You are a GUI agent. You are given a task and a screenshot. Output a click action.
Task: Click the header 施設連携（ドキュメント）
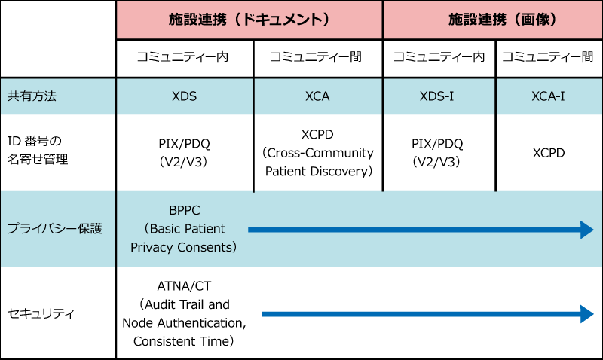coord(249,20)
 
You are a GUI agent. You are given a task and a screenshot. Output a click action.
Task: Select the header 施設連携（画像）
coord(503,20)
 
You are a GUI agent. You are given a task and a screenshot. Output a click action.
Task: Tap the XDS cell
coord(184,96)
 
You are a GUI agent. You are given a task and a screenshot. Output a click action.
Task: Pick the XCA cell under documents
coord(317,96)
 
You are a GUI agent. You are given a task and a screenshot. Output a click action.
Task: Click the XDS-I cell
coord(437,96)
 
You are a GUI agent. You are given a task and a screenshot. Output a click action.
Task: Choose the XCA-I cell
coord(549,96)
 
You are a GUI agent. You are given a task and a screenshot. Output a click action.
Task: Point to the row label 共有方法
coord(32,96)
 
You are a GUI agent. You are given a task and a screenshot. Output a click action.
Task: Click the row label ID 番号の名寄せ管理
coord(38,150)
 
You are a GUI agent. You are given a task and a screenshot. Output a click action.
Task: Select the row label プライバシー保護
coord(54,229)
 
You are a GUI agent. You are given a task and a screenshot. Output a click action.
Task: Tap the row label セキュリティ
coord(41,313)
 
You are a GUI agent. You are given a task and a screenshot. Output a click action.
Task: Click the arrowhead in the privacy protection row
coord(587,230)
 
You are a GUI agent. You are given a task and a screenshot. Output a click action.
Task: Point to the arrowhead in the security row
coord(587,314)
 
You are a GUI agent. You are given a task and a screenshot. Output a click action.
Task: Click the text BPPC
coord(185,211)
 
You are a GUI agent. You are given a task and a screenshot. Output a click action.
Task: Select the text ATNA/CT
coord(184,286)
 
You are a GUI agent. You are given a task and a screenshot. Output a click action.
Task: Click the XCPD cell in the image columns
coord(549,153)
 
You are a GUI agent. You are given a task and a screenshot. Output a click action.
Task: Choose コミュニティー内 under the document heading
coord(182,57)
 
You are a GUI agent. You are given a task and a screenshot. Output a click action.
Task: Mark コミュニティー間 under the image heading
coord(548,57)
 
